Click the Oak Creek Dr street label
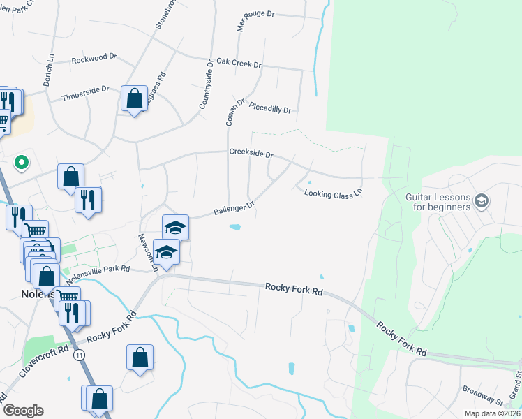[239, 64]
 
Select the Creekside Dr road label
[251, 154]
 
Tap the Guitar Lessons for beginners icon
[481, 202]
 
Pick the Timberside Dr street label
[85, 94]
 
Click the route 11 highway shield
[79, 355]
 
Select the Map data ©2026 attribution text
[492, 413]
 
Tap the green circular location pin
[22, 163]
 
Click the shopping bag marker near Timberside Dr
[133, 98]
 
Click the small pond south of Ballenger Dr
[235, 227]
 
